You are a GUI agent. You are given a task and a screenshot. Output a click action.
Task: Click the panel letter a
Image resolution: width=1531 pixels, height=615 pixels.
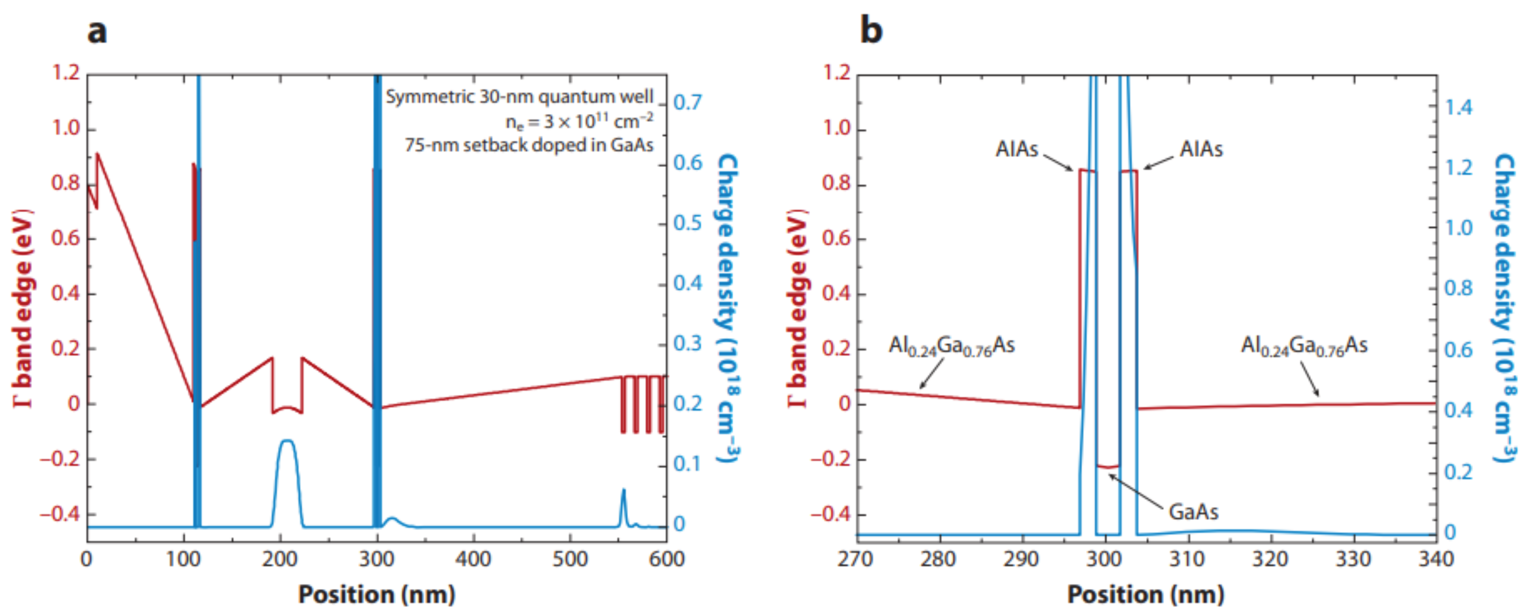(x=97, y=31)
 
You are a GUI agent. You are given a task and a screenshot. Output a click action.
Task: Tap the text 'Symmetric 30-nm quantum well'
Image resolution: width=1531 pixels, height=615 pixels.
(x=519, y=96)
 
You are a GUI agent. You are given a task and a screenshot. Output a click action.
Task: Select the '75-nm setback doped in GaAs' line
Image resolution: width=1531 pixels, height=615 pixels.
(x=529, y=145)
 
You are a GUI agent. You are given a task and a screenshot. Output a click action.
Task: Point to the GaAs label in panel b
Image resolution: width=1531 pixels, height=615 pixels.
(x=1193, y=512)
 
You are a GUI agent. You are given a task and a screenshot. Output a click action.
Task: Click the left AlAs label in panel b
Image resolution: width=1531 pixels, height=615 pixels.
(x=1016, y=149)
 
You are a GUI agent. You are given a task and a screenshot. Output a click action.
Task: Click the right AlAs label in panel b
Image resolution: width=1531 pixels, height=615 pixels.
(x=1201, y=149)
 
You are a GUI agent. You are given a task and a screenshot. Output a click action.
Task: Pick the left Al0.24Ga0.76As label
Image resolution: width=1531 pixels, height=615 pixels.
(x=951, y=346)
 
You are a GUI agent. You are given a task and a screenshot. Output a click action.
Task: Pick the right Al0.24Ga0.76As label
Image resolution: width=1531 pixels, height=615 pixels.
(x=1304, y=346)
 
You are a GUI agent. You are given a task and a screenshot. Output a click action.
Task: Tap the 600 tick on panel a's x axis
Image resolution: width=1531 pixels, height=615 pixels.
(x=666, y=559)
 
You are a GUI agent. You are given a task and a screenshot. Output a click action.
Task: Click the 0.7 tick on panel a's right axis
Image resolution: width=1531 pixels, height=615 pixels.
(x=688, y=102)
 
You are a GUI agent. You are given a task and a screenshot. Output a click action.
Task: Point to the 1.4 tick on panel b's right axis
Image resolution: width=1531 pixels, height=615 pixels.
(x=1459, y=108)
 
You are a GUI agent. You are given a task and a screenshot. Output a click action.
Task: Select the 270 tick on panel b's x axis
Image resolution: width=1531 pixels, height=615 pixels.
(x=856, y=559)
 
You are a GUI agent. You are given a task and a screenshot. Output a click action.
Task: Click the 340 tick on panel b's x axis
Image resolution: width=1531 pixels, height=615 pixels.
(x=1436, y=559)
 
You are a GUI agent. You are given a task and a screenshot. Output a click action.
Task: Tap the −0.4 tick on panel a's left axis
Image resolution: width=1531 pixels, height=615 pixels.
(x=59, y=514)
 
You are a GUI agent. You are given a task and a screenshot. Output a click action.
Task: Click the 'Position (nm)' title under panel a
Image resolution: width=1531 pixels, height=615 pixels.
(x=376, y=594)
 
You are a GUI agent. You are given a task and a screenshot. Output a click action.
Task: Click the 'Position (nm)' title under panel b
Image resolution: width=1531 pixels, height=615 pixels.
(x=1145, y=594)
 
